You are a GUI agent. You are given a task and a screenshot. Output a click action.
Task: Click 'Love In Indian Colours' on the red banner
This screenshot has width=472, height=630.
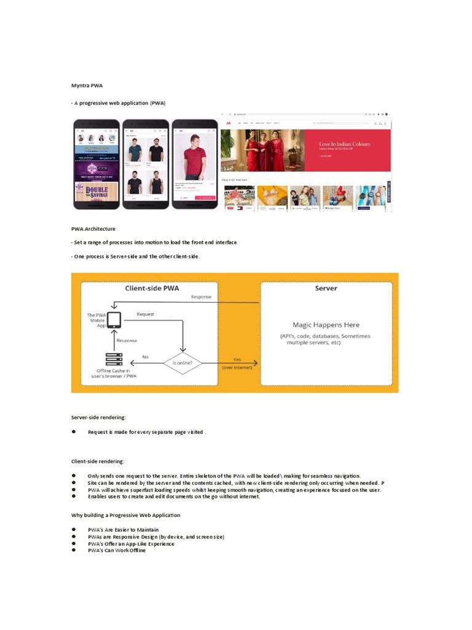344,144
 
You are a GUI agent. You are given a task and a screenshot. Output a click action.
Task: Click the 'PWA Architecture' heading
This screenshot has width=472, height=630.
93,229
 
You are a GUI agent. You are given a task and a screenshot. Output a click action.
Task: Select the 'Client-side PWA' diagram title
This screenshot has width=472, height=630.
152,288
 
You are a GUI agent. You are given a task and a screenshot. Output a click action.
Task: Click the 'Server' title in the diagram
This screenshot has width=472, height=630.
326,288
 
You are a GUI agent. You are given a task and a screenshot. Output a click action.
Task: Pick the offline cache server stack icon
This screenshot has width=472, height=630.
114,359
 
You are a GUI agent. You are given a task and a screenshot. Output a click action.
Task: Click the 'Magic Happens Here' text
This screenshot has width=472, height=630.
326,324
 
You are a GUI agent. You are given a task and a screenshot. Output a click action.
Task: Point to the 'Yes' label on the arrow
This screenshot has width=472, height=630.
237,359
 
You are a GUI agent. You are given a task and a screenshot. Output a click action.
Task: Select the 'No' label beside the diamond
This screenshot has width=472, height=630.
146,357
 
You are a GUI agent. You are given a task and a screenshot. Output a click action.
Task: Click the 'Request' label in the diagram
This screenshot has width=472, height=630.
146,314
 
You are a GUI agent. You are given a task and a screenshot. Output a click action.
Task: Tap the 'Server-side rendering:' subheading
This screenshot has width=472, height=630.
98,418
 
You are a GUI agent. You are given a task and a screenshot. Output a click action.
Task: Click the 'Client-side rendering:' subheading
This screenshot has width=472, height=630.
98,461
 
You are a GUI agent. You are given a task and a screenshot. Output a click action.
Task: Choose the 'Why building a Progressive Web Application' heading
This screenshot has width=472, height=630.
126,515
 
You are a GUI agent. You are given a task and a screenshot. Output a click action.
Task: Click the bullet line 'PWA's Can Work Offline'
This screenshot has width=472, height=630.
117,551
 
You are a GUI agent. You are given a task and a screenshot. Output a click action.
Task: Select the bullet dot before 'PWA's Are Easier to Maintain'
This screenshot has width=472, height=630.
74,529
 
